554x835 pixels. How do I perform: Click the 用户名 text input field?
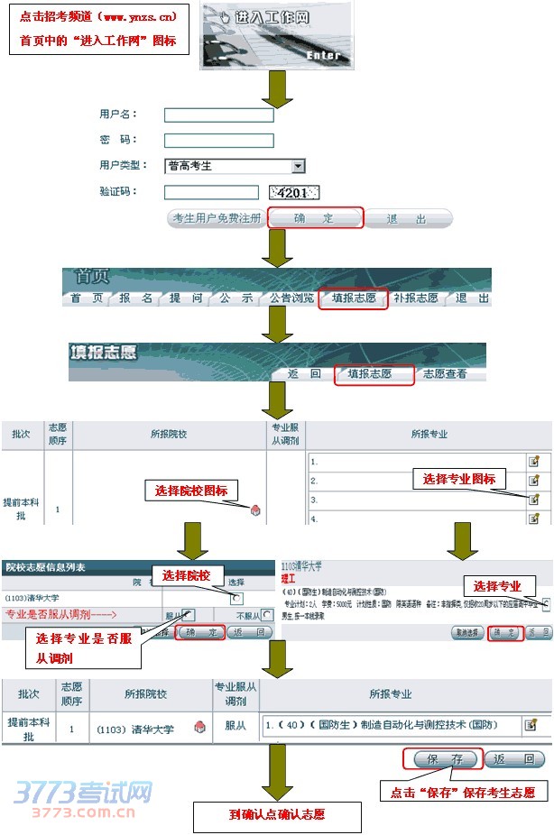coord(218,115)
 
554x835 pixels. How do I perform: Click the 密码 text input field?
coord(218,141)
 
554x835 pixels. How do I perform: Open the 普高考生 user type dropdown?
coord(298,166)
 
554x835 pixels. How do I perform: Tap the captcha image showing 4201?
coord(295,192)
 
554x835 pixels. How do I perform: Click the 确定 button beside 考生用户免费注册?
coord(315,218)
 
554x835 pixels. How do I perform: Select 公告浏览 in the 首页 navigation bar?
coord(291,298)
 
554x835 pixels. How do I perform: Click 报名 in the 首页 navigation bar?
coord(136,298)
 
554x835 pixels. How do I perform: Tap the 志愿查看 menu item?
coord(445,373)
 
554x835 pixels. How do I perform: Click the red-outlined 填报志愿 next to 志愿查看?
coord(374,373)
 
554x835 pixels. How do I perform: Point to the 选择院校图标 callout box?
coord(191,491)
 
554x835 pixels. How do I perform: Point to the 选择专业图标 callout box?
coord(459,479)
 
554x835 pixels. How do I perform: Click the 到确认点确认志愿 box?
coord(277,815)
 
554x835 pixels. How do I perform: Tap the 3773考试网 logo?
coord(82,796)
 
